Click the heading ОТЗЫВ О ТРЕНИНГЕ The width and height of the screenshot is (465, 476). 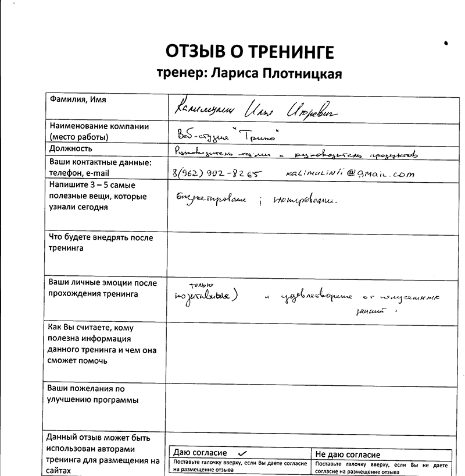click(x=250, y=52)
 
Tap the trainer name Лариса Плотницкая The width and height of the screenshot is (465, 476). click(x=249, y=74)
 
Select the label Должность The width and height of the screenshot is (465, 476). click(x=71, y=148)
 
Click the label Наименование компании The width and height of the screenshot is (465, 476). click(x=99, y=126)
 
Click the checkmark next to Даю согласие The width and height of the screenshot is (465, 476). click(x=242, y=452)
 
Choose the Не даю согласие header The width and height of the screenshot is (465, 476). click(x=348, y=454)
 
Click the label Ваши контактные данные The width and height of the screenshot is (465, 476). click(x=100, y=162)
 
